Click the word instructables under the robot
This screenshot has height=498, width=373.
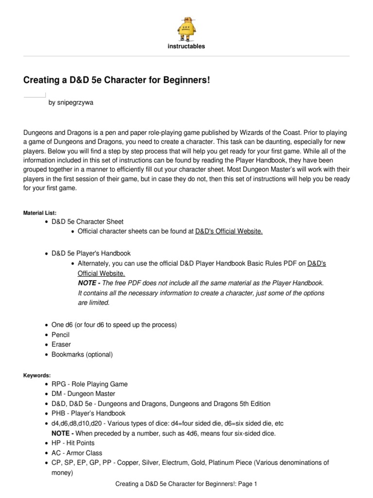pyautogui.click(x=186, y=47)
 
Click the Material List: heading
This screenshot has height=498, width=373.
pyautogui.click(x=40, y=213)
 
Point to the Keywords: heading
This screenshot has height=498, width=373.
pyautogui.click(x=36, y=375)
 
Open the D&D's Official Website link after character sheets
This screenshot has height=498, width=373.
pyautogui.click(x=229, y=231)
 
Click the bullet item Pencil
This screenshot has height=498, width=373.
pyautogui.click(x=61, y=335)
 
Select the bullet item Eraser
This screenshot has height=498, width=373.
pyautogui.click(x=61, y=345)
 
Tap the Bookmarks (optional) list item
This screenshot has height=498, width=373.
pyautogui.click(x=82, y=355)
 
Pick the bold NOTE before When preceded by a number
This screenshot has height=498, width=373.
pyautogui.click(x=62, y=433)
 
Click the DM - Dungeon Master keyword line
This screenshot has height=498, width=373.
pyautogui.click(x=83, y=394)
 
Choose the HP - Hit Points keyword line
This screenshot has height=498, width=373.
pyautogui.click(x=73, y=443)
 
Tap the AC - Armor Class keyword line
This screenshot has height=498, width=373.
pyautogui.click(x=77, y=453)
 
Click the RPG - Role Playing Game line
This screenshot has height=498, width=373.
pyautogui.click(x=89, y=384)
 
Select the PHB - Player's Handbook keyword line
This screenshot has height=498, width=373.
pyautogui.click(x=88, y=413)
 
